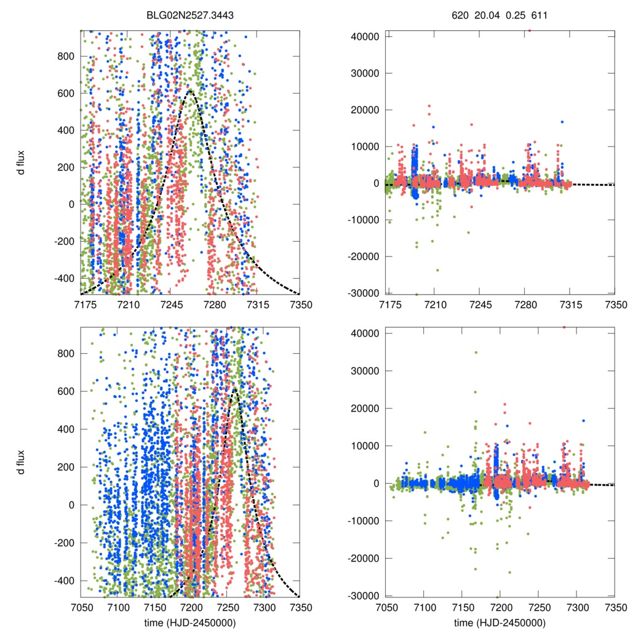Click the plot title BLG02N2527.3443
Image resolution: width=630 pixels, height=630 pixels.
click(x=190, y=17)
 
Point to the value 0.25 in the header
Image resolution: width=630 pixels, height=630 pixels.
click(x=513, y=17)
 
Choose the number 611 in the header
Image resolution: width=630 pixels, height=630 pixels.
click(x=539, y=17)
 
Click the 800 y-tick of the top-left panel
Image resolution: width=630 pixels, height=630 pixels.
click(x=65, y=56)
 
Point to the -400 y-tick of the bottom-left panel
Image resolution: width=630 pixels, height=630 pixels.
click(x=62, y=581)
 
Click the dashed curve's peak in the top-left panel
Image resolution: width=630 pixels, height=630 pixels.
click(x=190, y=91)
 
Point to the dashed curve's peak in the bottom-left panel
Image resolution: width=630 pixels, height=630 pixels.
click(x=234, y=389)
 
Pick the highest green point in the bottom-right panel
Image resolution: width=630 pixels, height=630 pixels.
click(x=476, y=353)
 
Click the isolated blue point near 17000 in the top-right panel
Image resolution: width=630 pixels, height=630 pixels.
click(x=562, y=122)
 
